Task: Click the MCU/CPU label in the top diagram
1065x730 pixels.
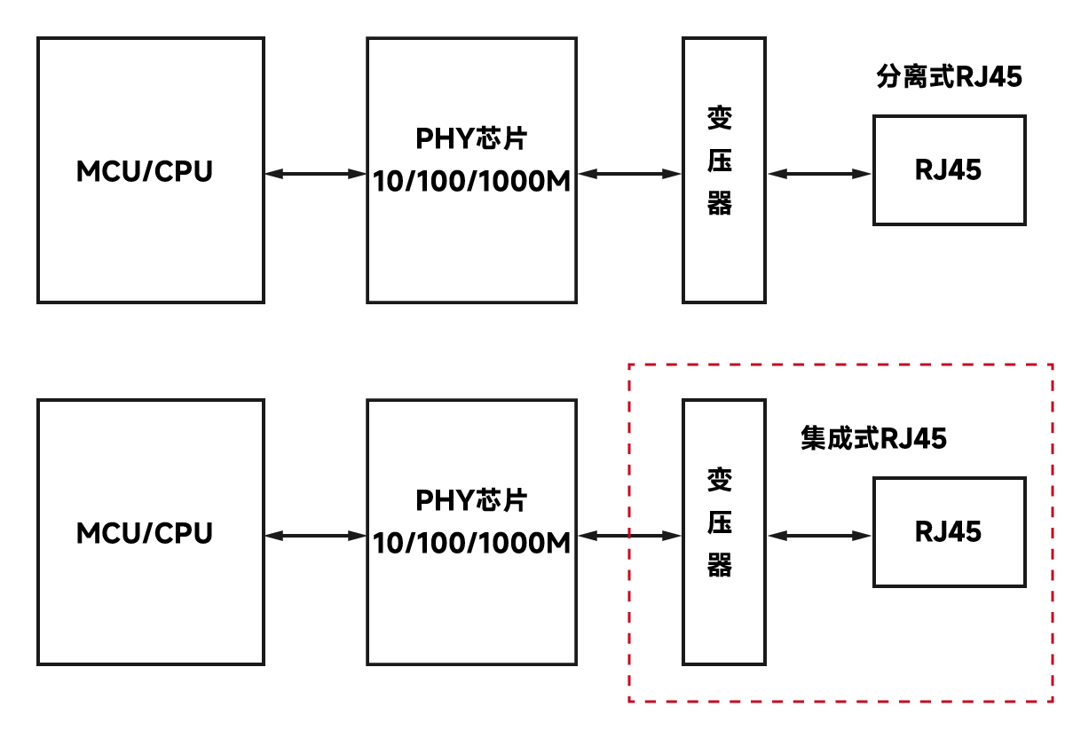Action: pyautogui.click(x=145, y=170)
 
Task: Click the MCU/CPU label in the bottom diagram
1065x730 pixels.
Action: pyautogui.click(x=145, y=533)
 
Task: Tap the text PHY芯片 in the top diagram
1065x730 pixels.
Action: pyautogui.click(x=471, y=140)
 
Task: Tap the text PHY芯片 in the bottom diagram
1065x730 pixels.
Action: pyautogui.click(x=471, y=500)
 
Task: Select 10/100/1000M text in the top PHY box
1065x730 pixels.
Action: pyautogui.click(x=471, y=182)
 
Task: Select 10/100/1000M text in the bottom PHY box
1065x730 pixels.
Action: pyautogui.click(x=471, y=542)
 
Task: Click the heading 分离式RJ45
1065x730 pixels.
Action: pyautogui.click(x=949, y=77)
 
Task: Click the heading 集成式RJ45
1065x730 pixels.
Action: pyautogui.click(x=873, y=438)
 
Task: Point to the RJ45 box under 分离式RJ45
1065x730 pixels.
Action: pyautogui.click(x=949, y=169)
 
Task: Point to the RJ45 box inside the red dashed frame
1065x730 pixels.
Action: pyautogui.click(x=949, y=531)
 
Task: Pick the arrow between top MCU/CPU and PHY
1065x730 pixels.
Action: pyautogui.click(x=316, y=174)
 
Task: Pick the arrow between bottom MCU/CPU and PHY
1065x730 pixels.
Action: pyautogui.click(x=316, y=535)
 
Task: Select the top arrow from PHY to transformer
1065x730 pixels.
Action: pyautogui.click(x=629, y=174)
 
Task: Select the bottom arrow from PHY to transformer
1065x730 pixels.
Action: pyautogui.click(x=629, y=535)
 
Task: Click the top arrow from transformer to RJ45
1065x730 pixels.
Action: pyautogui.click(x=820, y=174)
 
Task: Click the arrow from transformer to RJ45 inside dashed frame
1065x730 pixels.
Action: pyautogui.click(x=820, y=535)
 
